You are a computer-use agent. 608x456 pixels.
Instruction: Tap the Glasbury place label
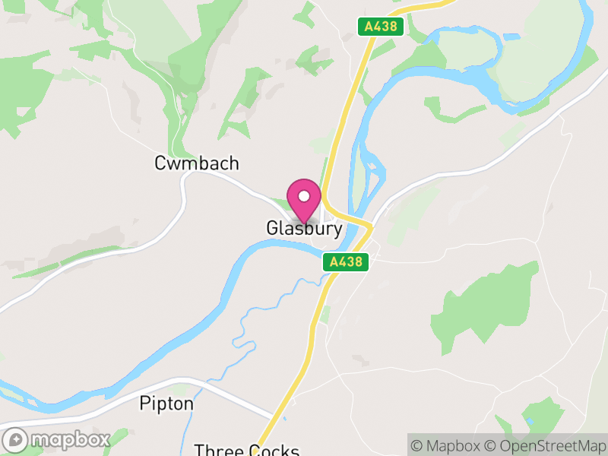coord(304,228)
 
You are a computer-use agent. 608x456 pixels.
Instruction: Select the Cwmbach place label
coord(196,163)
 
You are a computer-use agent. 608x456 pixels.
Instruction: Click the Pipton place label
coord(166,404)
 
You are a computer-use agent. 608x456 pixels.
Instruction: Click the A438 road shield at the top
coord(378,27)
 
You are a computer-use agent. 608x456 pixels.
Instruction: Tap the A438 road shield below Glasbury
coord(347,262)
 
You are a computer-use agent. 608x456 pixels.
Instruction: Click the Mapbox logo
coord(57,439)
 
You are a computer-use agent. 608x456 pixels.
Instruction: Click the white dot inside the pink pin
coord(304,195)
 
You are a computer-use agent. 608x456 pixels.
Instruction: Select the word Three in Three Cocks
coord(217,450)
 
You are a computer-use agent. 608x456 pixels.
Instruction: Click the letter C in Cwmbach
coord(160,163)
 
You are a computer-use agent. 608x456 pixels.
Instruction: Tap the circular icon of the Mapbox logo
coord(17,439)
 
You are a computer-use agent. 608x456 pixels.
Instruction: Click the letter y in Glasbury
coord(337,230)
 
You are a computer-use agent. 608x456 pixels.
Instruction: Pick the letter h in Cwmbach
coord(233,163)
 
